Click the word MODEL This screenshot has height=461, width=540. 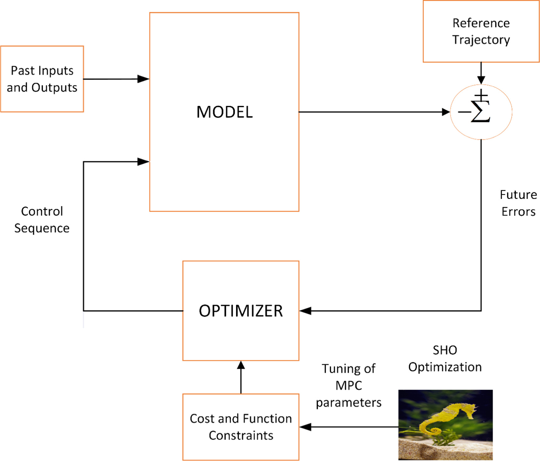(x=224, y=112)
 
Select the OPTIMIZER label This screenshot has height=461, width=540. (x=241, y=311)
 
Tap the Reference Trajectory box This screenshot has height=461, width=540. (x=481, y=31)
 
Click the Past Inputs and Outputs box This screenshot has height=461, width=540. (x=42, y=79)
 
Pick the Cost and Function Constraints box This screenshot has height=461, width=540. (x=241, y=427)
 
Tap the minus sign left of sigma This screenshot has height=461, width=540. (x=464, y=112)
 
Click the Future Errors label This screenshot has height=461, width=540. (x=518, y=203)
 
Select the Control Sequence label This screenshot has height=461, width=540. (x=42, y=219)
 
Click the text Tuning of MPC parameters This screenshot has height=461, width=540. (x=349, y=386)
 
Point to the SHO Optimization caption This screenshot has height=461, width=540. (x=445, y=358)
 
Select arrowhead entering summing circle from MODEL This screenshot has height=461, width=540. (x=446, y=112)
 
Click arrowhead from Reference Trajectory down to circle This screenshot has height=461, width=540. (x=481, y=80)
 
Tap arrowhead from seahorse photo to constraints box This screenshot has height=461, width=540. (x=305, y=427)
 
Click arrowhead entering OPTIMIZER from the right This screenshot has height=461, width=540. (x=305, y=311)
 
